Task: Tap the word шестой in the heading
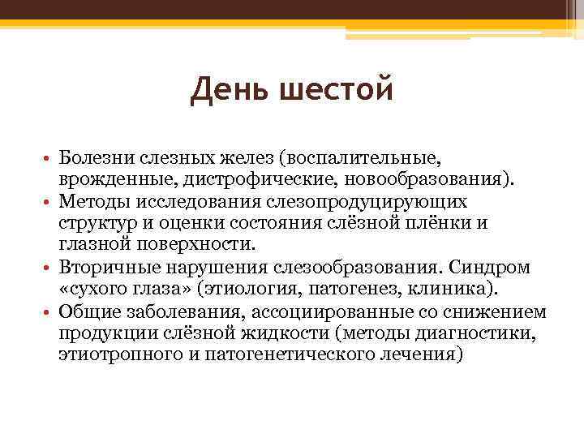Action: click(x=334, y=89)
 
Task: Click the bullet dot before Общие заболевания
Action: click(x=50, y=313)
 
